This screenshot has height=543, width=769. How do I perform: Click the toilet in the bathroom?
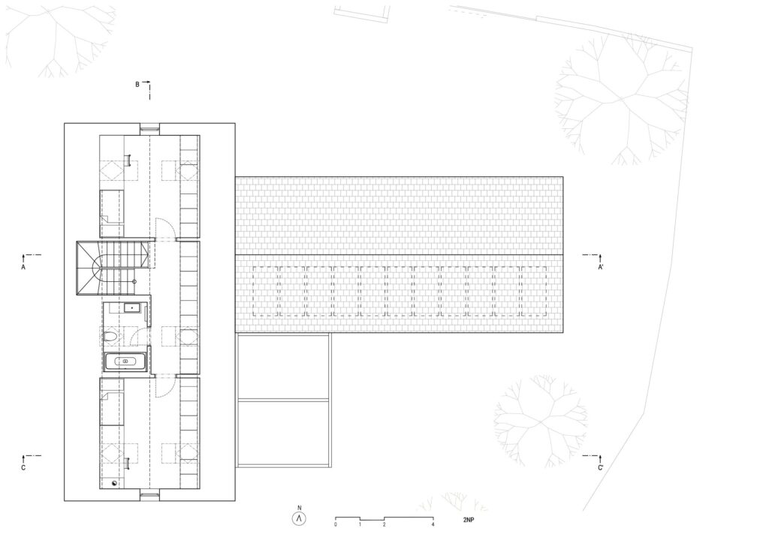point(111,337)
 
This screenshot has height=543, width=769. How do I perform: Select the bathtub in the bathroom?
point(125,361)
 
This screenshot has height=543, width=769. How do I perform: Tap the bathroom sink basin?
point(131,307)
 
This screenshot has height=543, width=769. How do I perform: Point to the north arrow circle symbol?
point(299,519)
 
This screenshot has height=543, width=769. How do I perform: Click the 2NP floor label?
point(469,520)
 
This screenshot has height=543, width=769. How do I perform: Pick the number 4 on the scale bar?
point(433,525)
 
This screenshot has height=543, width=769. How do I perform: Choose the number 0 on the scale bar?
point(336,525)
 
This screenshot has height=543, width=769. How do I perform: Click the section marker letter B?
point(137,85)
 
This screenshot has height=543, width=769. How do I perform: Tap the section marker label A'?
point(600,267)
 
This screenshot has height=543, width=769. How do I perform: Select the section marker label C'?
point(600,468)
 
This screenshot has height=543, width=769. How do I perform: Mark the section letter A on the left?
point(23,267)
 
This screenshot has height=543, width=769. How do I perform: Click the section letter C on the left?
point(23,468)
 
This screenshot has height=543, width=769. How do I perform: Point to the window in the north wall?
point(149,129)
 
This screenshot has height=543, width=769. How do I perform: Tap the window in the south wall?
point(149,494)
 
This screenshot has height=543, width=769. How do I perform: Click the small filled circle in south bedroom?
point(115,483)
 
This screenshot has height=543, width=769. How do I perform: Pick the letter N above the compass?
point(299,508)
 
